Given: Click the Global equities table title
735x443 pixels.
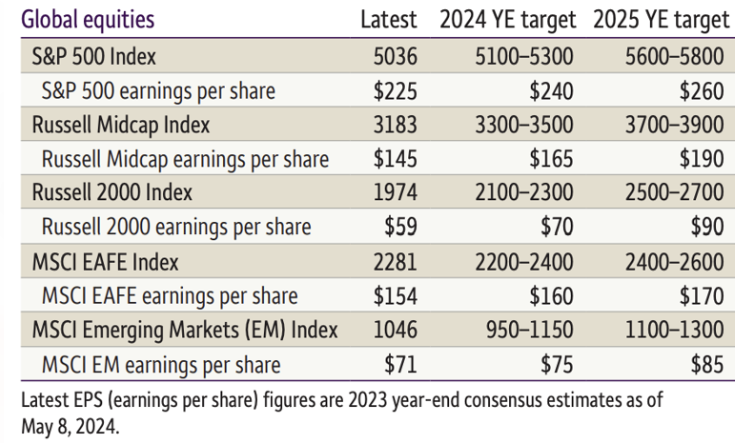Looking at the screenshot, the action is [x=87, y=20].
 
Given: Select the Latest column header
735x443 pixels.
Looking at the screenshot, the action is [x=389, y=19].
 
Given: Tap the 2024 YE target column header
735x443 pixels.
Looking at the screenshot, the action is [x=508, y=20].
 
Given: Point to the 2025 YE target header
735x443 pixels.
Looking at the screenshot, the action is [x=661, y=20].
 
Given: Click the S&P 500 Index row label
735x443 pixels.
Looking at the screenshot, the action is [x=94, y=56].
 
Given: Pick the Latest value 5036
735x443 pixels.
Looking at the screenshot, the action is [x=395, y=56].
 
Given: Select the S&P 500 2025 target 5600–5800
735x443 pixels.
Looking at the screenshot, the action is [x=674, y=56].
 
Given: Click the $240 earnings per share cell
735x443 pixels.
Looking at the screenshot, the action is [x=551, y=91].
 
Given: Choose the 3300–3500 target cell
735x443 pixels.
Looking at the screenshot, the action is [x=524, y=125].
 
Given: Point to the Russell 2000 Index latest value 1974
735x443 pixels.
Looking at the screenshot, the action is [x=395, y=192].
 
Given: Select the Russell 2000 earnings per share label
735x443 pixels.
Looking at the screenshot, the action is [x=176, y=227].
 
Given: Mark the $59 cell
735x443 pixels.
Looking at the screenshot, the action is [x=401, y=226].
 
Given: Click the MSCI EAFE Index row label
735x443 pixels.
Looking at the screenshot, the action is [x=105, y=262].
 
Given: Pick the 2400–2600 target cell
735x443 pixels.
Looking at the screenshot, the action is [x=674, y=262].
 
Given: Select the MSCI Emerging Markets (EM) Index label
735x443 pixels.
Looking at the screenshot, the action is [x=185, y=330].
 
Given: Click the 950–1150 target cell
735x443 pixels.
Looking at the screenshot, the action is [x=530, y=330].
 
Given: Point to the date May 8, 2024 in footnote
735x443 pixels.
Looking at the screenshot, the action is [x=70, y=426].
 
